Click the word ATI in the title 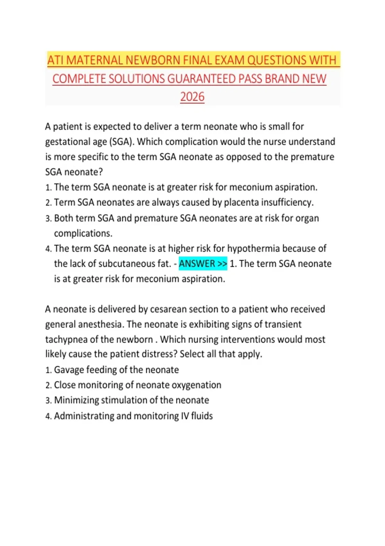pyautogui.click(x=55, y=60)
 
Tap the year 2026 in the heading pyautogui.click(x=192, y=97)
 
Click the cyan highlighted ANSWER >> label pyautogui.click(x=203, y=264)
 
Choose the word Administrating pyautogui.click(x=84, y=416)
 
